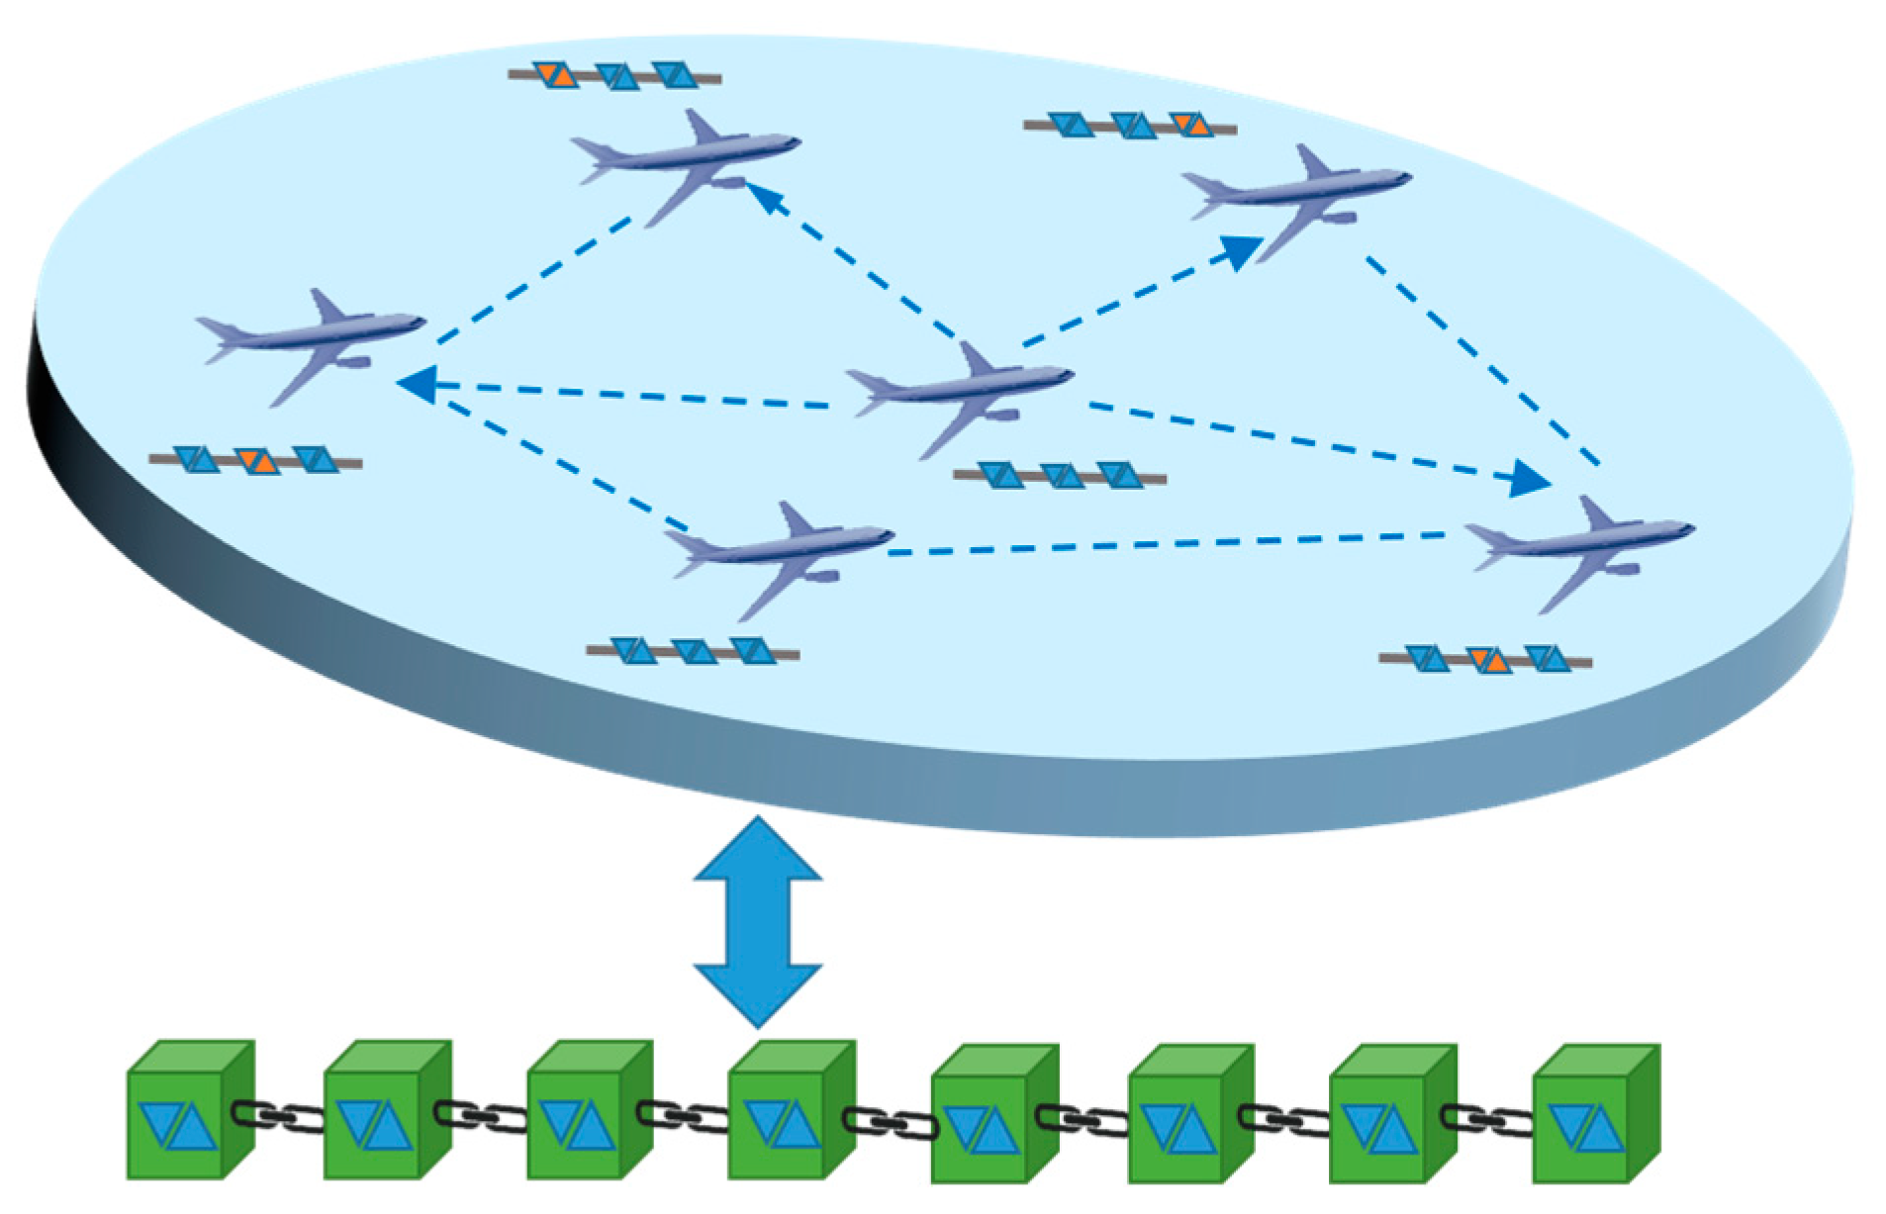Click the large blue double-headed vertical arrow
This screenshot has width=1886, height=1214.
(x=757, y=921)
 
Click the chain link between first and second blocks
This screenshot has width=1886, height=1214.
(x=278, y=1116)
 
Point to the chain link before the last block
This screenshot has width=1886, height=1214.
(x=1486, y=1120)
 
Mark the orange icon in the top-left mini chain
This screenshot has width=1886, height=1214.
(x=555, y=74)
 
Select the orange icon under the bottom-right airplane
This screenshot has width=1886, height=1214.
(x=1489, y=660)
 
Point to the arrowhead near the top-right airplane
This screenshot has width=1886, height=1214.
(x=1241, y=251)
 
